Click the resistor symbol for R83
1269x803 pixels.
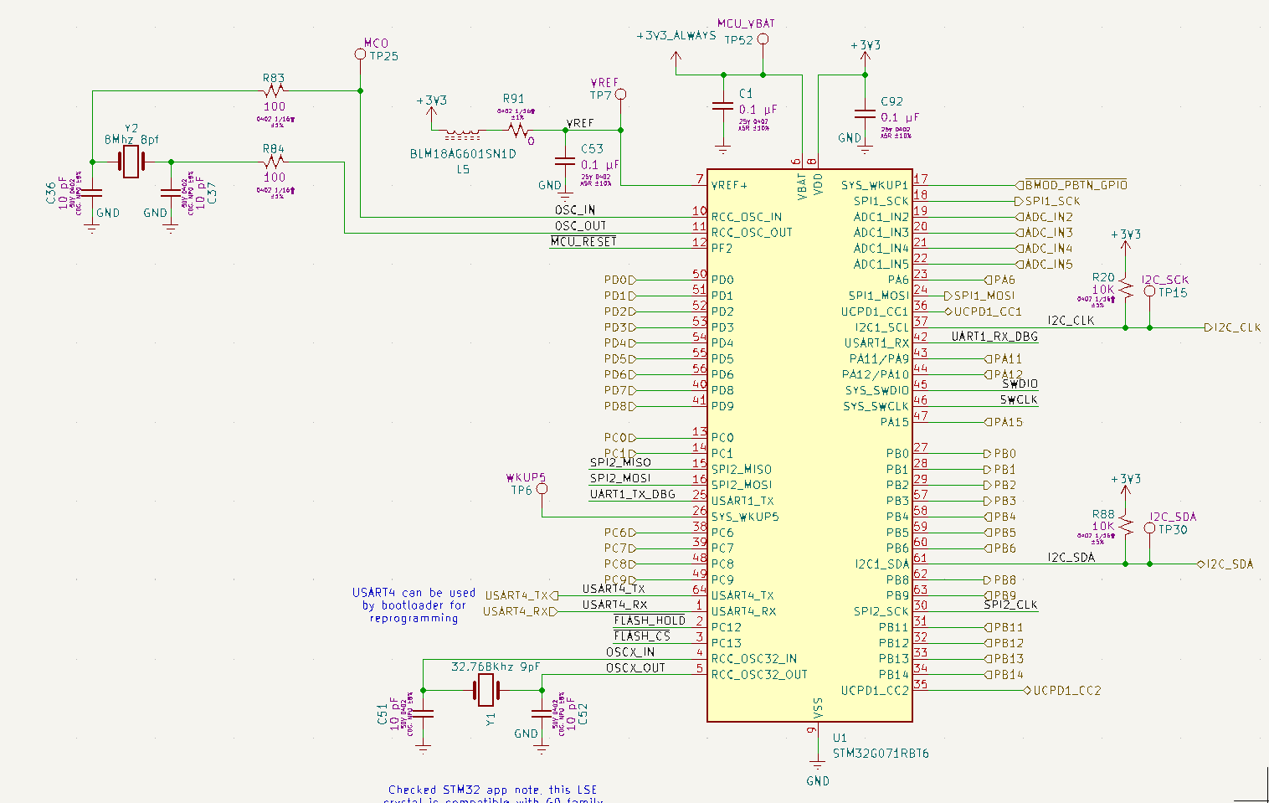click(x=274, y=90)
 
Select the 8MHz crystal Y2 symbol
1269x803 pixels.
click(x=131, y=162)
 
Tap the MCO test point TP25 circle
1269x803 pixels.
click(x=360, y=54)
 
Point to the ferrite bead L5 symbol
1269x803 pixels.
click(x=461, y=132)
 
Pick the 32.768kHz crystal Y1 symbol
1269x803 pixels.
click(x=486, y=690)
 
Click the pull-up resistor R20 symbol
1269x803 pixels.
click(x=1126, y=290)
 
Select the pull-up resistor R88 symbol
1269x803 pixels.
click(x=1126, y=526)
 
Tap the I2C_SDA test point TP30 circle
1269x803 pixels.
click(x=1149, y=528)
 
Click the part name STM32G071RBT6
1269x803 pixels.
click(x=881, y=754)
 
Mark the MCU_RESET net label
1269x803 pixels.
click(x=583, y=241)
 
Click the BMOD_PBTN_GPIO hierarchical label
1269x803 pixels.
click(x=1075, y=185)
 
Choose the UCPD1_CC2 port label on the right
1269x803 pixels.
click(x=1066, y=691)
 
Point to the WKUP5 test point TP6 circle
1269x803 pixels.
click(x=542, y=488)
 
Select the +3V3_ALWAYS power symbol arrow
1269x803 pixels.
click(x=676, y=57)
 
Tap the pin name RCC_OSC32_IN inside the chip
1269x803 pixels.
click(x=753, y=659)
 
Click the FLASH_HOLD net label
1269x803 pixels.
click(x=650, y=620)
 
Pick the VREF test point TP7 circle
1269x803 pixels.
click(x=620, y=95)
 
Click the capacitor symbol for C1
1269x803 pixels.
click(x=722, y=106)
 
